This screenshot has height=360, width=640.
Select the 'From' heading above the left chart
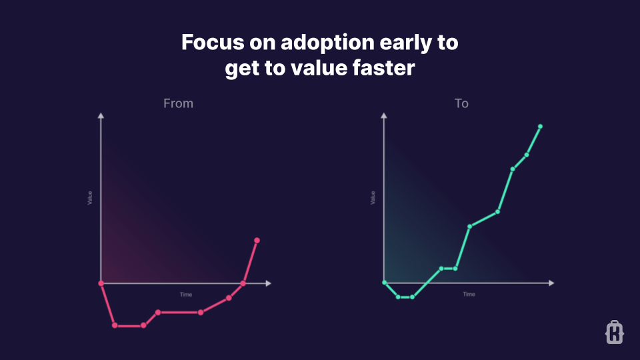pyautogui.click(x=178, y=103)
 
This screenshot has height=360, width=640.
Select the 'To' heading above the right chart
pyautogui.click(x=461, y=103)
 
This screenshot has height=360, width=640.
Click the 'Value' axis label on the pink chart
pyautogui.click(x=90, y=197)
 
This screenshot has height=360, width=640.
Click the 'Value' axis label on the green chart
pyautogui.click(x=373, y=197)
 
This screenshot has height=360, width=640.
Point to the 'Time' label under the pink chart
pyautogui.click(x=186, y=294)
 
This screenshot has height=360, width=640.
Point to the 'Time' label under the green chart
pyautogui.click(x=469, y=294)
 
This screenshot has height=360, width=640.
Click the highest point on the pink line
pyautogui.click(x=257, y=240)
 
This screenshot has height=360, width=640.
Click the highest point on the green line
pyautogui.click(x=540, y=126)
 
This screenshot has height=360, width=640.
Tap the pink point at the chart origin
pyautogui.click(x=101, y=283)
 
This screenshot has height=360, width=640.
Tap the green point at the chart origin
pyautogui.click(x=385, y=283)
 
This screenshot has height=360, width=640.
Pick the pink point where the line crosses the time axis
pyautogui.click(x=243, y=283)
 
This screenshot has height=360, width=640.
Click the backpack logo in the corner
pyautogui.click(x=614, y=332)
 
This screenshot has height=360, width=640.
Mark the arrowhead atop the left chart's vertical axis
pyautogui.click(x=101, y=116)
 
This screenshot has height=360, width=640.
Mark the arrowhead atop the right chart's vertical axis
pyautogui.click(x=385, y=116)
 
